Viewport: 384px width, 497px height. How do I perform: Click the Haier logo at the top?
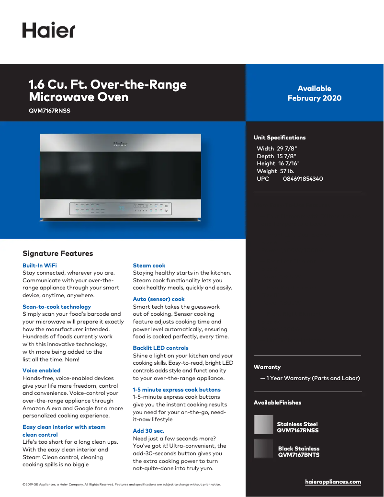(48, 30)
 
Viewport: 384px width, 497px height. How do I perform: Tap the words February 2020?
(315, 98)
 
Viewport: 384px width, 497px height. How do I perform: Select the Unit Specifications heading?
(280, 138)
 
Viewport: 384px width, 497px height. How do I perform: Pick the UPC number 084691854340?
(303, 179)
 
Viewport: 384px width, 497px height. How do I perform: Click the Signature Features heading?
(58, 254)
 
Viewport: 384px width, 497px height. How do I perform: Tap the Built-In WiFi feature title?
(40, 266)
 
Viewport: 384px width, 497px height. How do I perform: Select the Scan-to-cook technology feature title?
(56, 307)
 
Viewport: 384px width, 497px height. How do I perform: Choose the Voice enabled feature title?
(42, 370)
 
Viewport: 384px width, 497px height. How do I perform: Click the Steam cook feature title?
(149, 266)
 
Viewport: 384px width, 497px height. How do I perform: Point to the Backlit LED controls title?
(160, 348)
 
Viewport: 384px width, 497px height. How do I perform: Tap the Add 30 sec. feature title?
(148, 431)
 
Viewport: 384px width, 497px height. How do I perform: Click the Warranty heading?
(267, 367)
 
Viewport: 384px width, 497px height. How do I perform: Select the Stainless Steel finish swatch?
(263, 424)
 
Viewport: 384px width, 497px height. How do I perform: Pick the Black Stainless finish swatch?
(263, 449)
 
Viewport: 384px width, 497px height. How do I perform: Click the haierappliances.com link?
(333, 482)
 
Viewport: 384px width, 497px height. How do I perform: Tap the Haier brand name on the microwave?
(120, 144)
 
